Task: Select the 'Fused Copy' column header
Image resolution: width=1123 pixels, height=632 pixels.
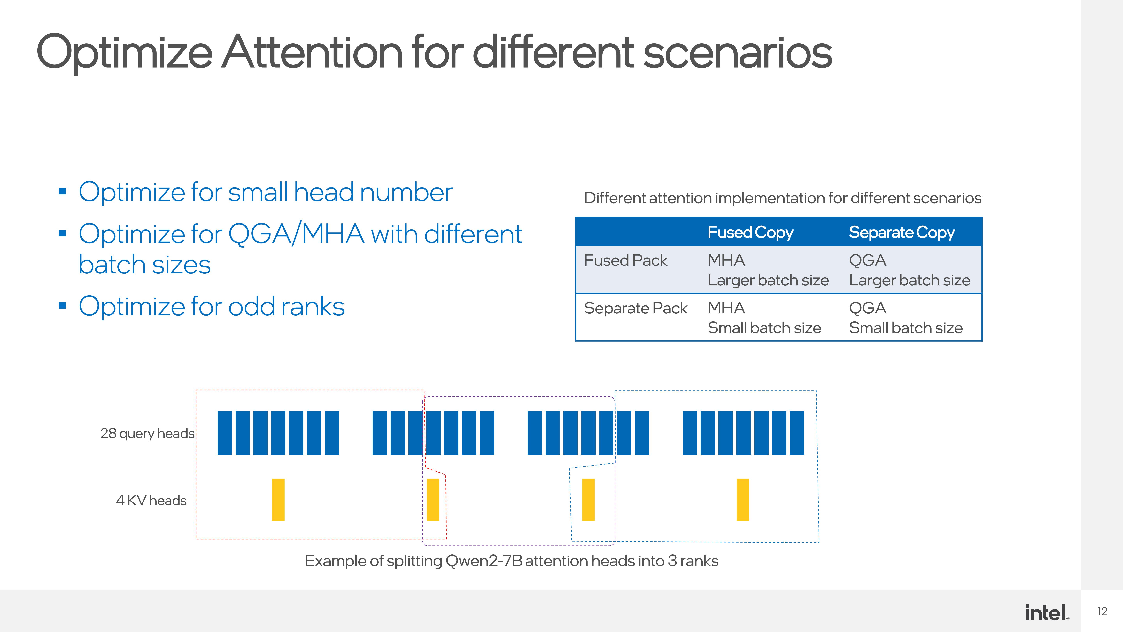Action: tap(750, 233)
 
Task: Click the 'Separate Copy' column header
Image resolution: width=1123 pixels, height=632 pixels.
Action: tap(902, 233)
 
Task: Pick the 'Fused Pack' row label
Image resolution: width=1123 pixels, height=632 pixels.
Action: tap(626, 260)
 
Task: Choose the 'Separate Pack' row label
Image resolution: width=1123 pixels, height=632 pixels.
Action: tap(636, 308)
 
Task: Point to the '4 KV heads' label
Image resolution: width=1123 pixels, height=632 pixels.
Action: tap(151, 500)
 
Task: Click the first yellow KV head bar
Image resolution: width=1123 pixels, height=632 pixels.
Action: tap(278, 500)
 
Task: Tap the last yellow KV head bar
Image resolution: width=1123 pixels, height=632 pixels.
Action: tap(743, 500)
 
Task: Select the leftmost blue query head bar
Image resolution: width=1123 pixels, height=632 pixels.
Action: tap(225, 433)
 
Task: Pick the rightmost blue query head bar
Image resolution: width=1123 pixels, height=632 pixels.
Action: tap(797, 433)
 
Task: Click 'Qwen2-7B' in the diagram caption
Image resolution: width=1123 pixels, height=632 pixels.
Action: tap(484, 561)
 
